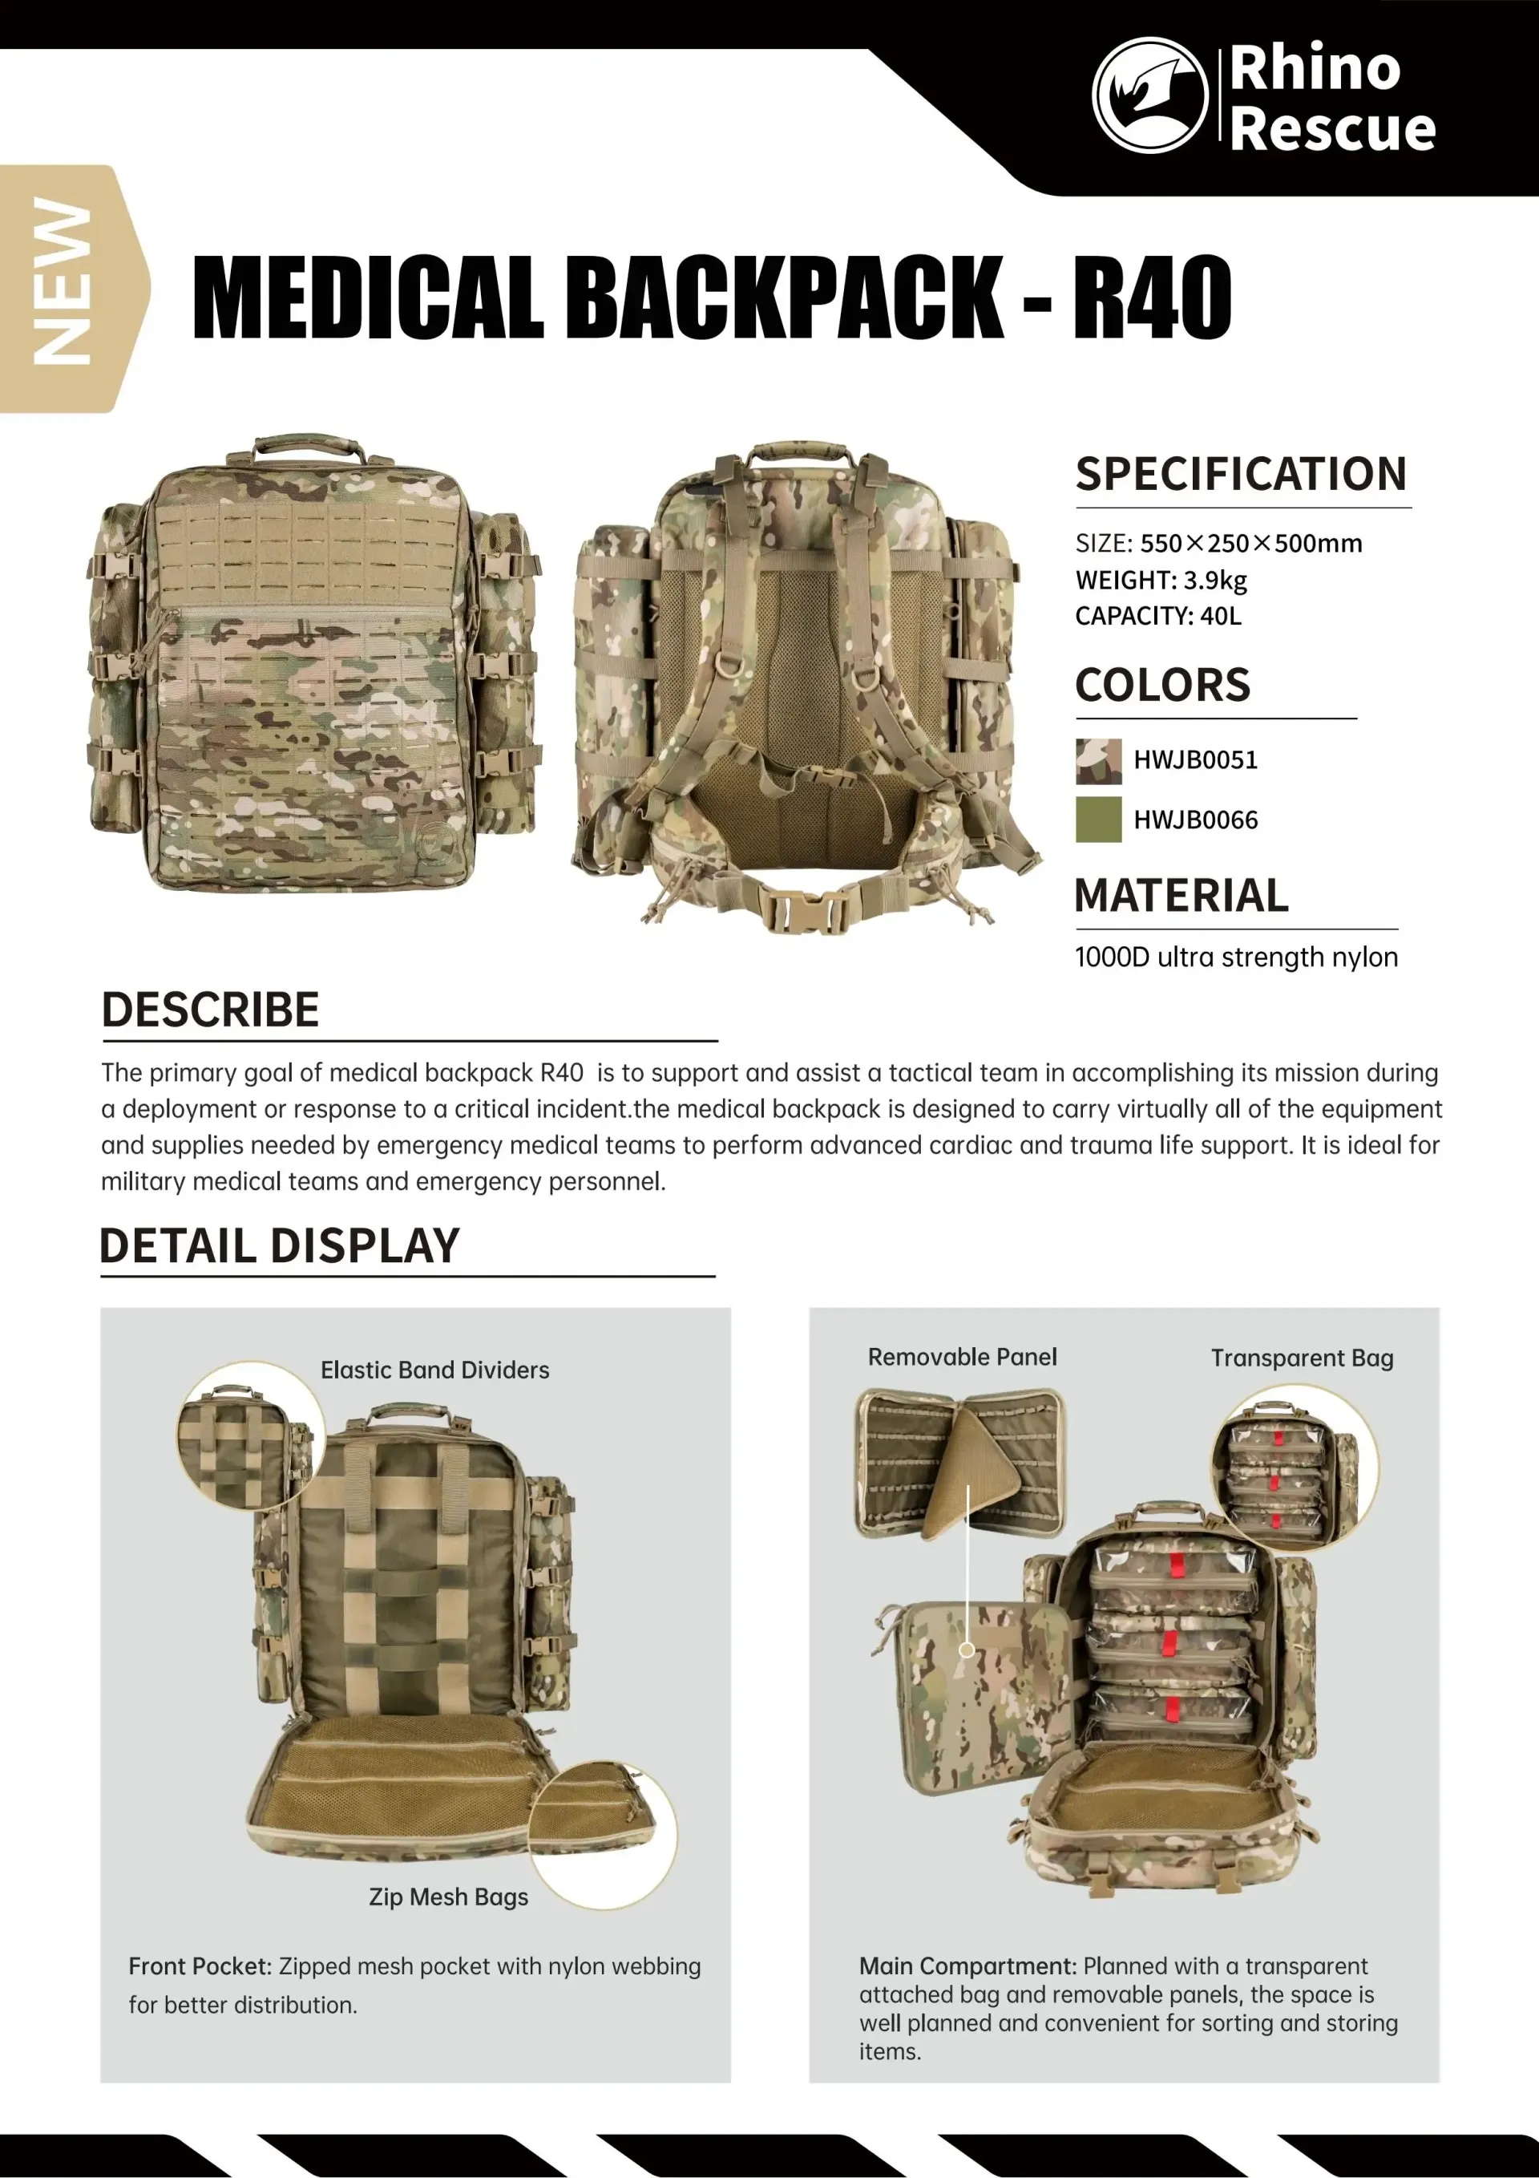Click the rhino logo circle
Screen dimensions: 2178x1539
click(1149, 95)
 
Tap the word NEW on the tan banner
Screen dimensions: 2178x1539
click(63, 281)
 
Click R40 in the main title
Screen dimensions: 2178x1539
click(1152, 298)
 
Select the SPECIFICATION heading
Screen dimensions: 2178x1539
click(1240, 474)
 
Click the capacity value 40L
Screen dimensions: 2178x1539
click(1221, 617)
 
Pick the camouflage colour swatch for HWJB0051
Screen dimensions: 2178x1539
click(1098, 761)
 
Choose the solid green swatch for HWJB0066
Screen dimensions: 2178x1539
click(1098, 820)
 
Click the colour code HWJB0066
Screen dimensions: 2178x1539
click(1196, 820)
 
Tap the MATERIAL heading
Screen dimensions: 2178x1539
click(1181, 896)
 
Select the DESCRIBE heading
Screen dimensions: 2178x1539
click(211, 1010)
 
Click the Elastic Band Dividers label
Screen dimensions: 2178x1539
click(434, 1370)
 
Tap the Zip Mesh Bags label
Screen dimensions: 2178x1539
click(449, 1897)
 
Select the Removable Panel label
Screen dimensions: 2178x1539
click(962, 1358)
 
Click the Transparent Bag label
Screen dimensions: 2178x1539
click(1301, 1358)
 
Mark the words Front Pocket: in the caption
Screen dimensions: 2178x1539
click(200, 1966)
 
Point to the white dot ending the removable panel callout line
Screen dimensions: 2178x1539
click(966, 1650)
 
